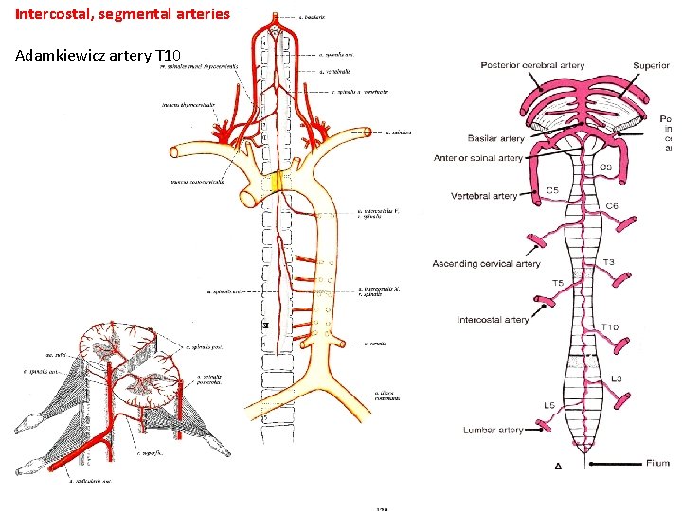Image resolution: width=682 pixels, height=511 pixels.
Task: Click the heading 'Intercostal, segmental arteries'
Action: (x=122, y=14)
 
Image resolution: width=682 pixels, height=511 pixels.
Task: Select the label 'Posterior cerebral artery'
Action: (x=532, y=65)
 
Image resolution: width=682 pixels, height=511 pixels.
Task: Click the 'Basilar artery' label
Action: (x=495, y=139)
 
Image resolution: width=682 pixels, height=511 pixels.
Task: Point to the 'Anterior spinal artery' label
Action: (x=477, y=158)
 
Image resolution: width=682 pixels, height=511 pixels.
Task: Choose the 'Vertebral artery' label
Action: (x=484, y=196)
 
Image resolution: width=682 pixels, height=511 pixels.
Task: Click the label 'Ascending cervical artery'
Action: (x=486, y=263)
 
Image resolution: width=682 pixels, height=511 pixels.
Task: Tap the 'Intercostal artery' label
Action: (x=493, y=320)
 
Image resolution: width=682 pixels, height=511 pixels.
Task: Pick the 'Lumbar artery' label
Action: (x=493, y=430)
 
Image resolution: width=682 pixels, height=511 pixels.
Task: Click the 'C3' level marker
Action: (x=605, y=167)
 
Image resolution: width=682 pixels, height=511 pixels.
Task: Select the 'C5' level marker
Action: (x=553, y=190)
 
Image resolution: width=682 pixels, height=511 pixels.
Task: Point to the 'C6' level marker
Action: (x=612, y=205)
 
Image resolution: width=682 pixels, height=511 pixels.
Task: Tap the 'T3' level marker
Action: (x=608, y=262)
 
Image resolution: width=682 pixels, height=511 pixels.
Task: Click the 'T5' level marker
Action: (x=557, y=283)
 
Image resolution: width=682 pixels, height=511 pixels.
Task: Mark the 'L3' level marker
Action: (x=616, y=378)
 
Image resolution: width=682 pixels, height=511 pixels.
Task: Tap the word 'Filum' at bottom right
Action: (x=658, y=464)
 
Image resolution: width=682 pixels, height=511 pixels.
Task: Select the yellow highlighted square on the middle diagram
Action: (x=277, y=181)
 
